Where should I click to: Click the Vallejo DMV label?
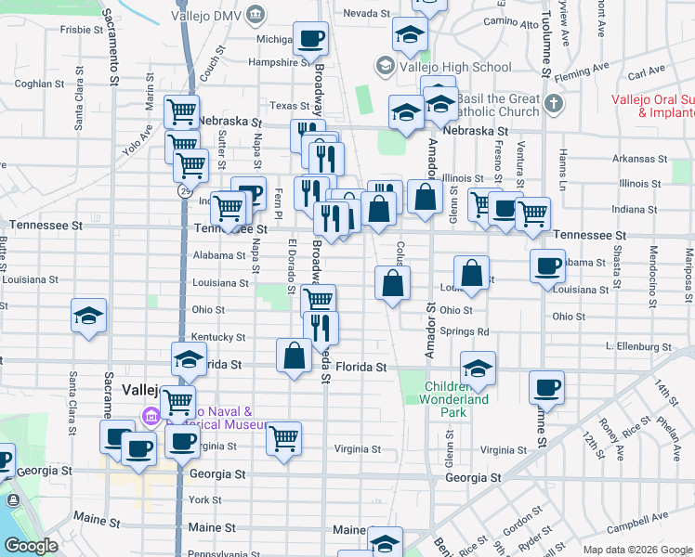[215, 14]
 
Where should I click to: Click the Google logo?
[31, 546]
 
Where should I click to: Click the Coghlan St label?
[37, 83]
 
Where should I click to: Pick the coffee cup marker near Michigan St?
[310, 39]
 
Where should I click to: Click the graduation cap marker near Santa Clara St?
[89, 317]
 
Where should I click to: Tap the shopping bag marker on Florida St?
[294, 356]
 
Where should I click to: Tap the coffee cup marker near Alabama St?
[547, 266]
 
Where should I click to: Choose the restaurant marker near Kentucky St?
[321, 327]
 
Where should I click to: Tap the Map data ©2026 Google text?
[636, 549]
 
